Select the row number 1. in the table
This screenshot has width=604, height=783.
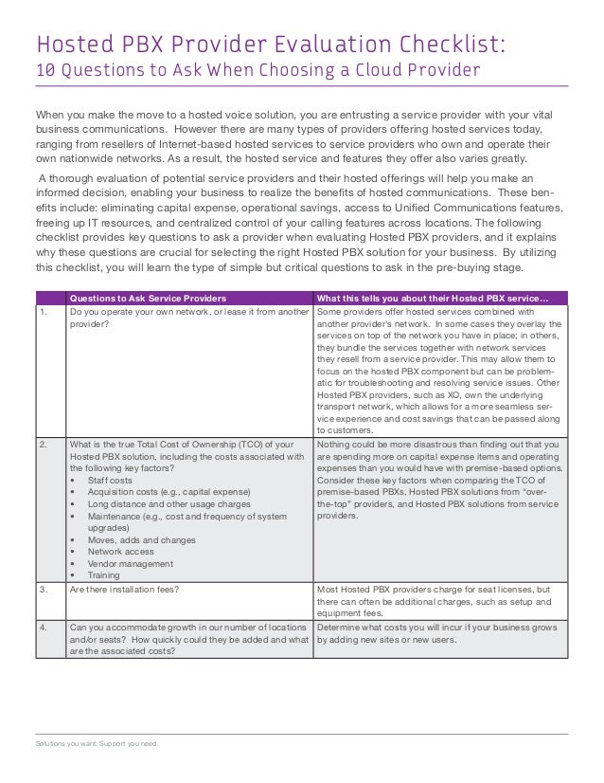click(x=42, y=310)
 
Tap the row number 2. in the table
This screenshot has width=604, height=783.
click(x=42, y=443)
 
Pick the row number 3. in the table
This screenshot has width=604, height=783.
click(x=42, y=589)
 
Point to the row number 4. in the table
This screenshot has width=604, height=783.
click(x=42, y=627)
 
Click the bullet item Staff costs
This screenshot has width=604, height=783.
click(x=110, y=480)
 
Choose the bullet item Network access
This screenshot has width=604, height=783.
click(x=120, y=550)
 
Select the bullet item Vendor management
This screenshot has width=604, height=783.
click(x=131, y=562)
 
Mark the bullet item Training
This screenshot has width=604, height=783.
click(x=104, y=574)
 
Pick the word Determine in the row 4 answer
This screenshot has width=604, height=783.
click(x=340, y=627)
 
